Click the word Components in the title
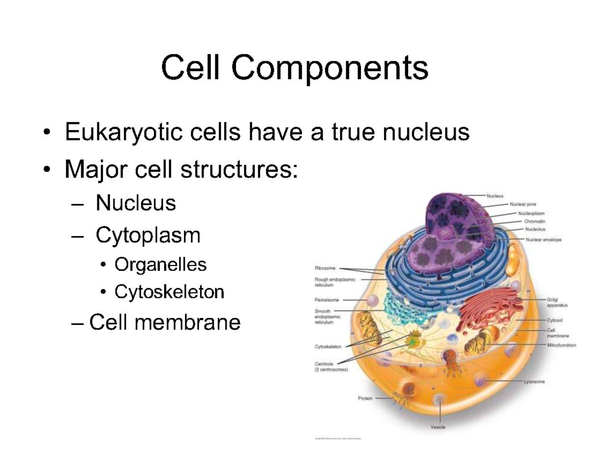[330, 69]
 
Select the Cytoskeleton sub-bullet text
[169, 292]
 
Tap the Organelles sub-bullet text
[160, 265]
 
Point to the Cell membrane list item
[164, 322]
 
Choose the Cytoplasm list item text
[148, 236]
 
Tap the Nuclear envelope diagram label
[543, 240]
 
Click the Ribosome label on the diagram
[325, 268]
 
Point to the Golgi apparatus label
[557, 302]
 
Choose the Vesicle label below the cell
[438, 428]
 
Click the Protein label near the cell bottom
[365, 399]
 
